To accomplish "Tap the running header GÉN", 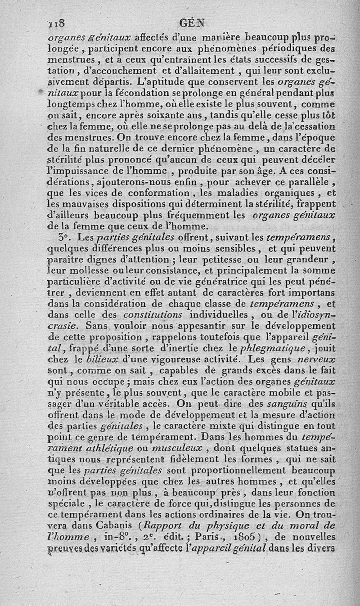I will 192,23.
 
